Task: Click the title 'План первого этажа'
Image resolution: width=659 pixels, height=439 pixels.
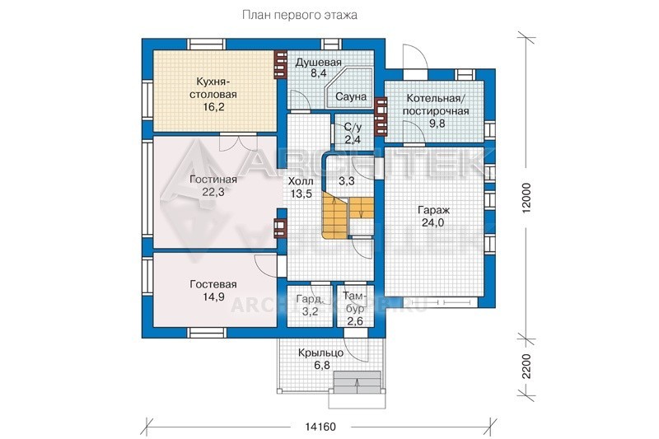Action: point(300,16)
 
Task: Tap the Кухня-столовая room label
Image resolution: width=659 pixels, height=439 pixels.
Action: point(213,87)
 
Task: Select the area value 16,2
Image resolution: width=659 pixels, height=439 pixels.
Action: point(213,107)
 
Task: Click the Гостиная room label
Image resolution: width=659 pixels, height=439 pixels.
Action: point(213,180)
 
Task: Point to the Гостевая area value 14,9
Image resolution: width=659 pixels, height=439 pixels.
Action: point(213,297)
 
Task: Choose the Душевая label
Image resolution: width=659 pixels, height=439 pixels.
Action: point(318,63)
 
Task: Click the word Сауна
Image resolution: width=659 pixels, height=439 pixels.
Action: point(351,96)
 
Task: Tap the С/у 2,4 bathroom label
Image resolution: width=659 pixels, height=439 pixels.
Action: point(353,133)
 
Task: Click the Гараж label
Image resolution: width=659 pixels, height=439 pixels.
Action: point(434,210)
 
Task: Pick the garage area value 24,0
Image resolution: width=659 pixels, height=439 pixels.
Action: point(433,222)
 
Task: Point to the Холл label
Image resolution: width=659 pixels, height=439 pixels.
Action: point(301,181)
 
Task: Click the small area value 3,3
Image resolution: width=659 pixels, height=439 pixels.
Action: point(347,181)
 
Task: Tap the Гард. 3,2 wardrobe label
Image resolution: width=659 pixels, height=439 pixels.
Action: point(311,306)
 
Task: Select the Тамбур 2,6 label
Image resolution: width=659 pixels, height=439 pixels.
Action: point(354,308)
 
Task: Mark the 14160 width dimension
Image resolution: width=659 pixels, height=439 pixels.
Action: point(320,427)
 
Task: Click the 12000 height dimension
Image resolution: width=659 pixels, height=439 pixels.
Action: point(526,198)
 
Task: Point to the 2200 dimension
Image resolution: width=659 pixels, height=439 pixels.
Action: point(526,366)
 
